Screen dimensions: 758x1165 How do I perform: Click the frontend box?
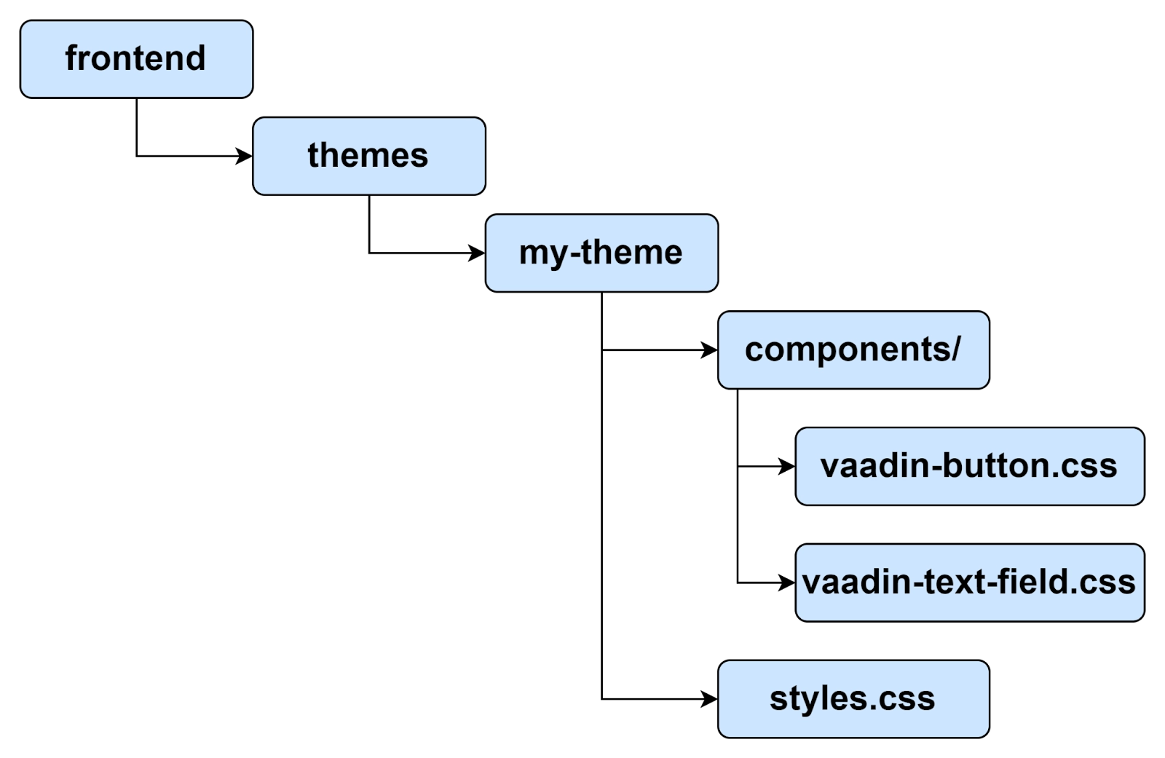click(x=136, y=59)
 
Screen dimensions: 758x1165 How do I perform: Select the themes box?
click(x=369, y=156)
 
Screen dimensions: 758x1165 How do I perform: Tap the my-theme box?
click(x=601, y=253)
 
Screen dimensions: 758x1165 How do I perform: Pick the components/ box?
click(x=853, y=350)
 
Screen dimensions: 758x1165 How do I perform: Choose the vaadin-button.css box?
click(x=970, y=466)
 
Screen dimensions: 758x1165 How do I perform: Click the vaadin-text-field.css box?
click(x=970, y=583)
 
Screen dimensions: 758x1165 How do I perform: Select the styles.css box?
click(x=853, y=699)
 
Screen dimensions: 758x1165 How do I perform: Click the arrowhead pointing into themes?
click(x=244, y=156)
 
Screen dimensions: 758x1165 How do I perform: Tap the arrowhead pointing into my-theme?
click(x=477, y=253)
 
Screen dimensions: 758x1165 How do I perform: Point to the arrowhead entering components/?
click(x=709, y=350)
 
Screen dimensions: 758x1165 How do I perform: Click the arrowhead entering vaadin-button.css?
click(x=787, y=466)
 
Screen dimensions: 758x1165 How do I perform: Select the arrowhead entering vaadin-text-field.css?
click(x=787, y=583)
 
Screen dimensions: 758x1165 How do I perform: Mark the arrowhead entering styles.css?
click(x=709, y=699)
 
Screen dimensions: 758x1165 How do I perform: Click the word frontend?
click(x=135, y=58)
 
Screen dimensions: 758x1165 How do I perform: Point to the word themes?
click(x=368, y=155)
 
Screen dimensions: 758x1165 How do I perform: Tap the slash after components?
click(x=955, y=350)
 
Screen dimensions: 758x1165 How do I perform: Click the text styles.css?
click(x=852, y=698)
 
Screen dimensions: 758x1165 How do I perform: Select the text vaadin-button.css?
click(x=968, y=465)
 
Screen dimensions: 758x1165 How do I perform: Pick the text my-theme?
click(x=601, y=253)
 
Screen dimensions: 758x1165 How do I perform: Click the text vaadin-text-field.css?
click(x=968, y=582)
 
